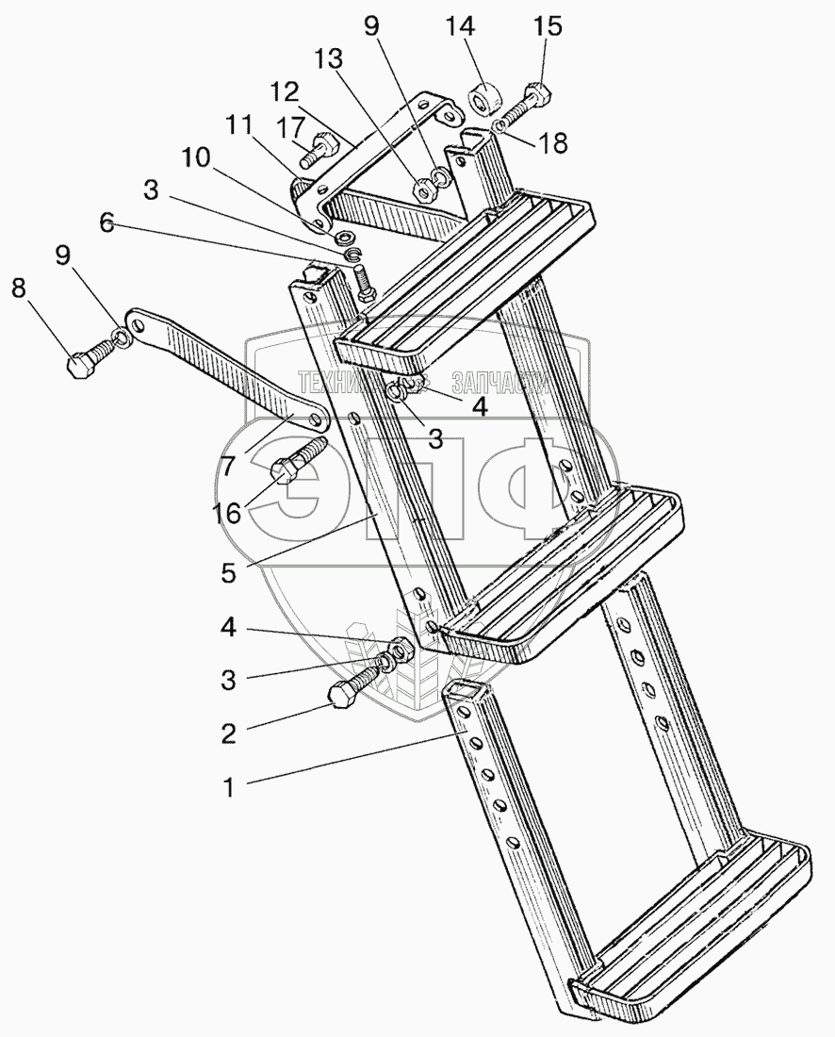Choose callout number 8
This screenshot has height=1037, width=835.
tap(19, 289)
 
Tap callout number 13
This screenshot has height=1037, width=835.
tap(327, 59)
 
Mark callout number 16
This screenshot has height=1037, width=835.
tap(226, 512)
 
